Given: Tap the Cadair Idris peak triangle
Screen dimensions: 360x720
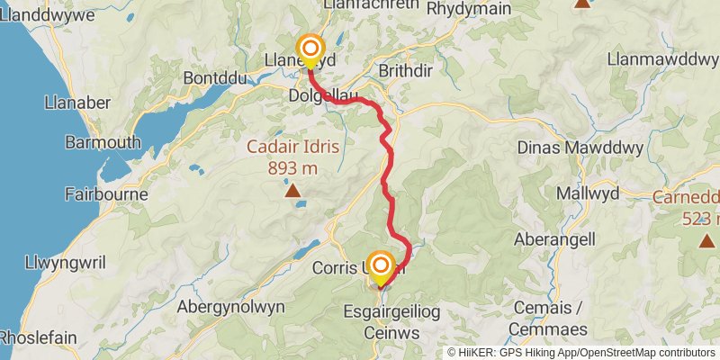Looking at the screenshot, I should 292,190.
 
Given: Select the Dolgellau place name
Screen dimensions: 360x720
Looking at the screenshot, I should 324,94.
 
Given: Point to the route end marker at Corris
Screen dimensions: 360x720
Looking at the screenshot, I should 382,266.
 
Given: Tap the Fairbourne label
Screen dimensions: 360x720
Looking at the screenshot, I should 100,193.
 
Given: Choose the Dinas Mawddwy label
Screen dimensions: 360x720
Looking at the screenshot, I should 578,148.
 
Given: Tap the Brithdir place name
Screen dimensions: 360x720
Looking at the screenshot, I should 413,69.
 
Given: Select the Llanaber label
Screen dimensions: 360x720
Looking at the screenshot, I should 76,103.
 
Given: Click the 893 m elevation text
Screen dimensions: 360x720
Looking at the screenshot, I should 292,167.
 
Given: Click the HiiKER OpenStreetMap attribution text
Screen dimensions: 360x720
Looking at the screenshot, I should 581,352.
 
